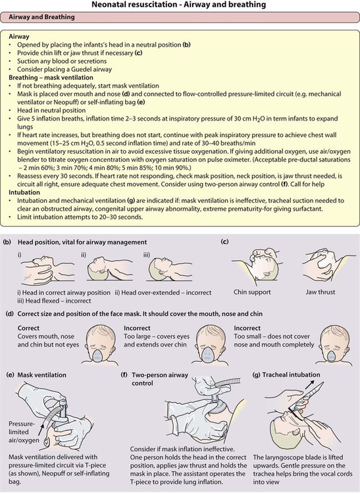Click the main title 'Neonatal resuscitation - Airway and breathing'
[179, 5]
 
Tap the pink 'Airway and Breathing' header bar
[180, 17]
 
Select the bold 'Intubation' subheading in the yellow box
[24, 192]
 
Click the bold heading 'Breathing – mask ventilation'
[51, 78]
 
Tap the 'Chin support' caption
[252, 292]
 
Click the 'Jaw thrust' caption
[320, 292]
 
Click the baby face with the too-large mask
[208, 344]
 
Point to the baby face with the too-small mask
[331, 344]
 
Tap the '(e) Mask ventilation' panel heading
[36, 375]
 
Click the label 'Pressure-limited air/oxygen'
[24, 432]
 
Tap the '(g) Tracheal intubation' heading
[286, 375]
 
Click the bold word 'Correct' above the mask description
[29, 328]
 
